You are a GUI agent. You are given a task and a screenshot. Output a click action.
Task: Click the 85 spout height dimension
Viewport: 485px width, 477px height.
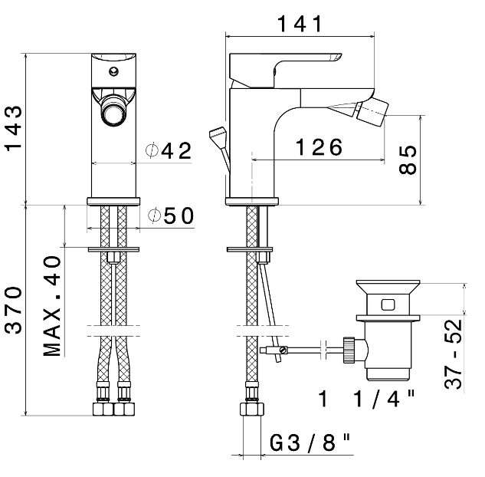409,160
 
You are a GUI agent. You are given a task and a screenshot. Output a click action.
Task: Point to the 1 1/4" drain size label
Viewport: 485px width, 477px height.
367,399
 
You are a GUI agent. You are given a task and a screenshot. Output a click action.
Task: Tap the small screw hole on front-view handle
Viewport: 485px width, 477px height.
114,74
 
